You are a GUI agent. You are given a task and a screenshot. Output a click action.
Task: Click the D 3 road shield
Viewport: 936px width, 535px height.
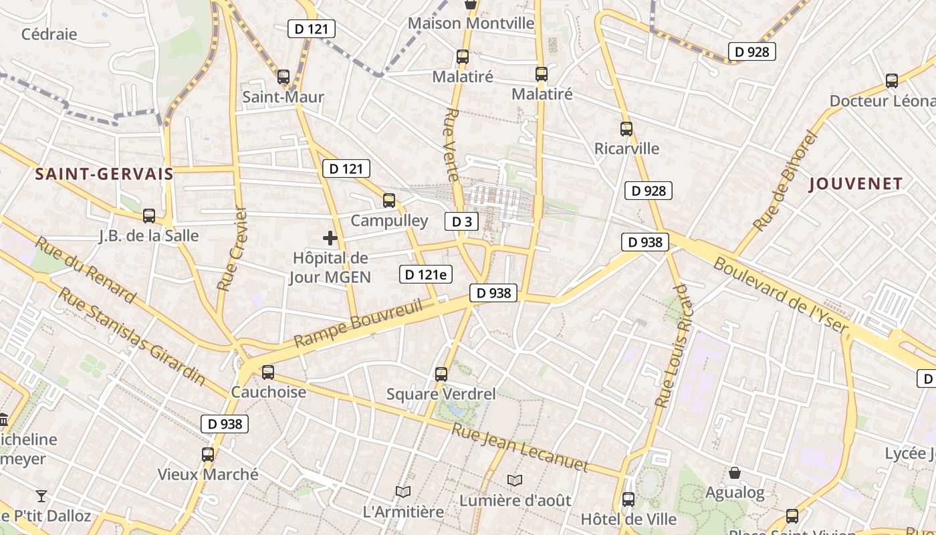[x=461, y=221]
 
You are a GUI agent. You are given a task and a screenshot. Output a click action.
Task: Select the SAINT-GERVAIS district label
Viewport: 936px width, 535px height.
[x=104, y=175]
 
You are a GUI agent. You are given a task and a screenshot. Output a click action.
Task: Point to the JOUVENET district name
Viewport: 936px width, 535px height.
[x=856, y=184]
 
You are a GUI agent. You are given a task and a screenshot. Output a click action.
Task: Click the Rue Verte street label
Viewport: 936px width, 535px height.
[x=451, y=144]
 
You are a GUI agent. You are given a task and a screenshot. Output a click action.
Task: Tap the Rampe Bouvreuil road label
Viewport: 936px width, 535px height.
[x=359, y=323]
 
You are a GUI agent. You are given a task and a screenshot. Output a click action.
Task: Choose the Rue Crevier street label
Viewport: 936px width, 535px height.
[x=232, y=249]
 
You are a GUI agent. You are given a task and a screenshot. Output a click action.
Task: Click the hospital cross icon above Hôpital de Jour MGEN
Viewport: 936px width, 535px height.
[x=330, y=238]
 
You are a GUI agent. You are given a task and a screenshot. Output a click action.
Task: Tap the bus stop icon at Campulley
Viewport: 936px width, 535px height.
[x=388, y=200]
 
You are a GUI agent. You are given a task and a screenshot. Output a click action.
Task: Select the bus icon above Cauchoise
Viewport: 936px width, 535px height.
[x=268, y=372]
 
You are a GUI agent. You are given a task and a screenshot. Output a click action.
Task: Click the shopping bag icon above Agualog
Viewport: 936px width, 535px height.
[x=735, y=473]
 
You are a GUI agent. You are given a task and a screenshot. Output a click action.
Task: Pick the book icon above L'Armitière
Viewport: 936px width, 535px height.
[x=403, y=492]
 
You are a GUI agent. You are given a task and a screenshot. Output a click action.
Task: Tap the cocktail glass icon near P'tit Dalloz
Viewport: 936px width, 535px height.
[x=41, y=496]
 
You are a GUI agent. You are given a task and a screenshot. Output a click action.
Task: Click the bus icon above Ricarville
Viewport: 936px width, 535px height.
[x=626, y=128]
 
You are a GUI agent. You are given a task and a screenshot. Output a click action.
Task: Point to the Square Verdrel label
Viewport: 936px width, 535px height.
[x=441, y=395]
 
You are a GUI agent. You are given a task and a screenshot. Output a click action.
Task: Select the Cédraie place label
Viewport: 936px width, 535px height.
[x=49, y=34]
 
